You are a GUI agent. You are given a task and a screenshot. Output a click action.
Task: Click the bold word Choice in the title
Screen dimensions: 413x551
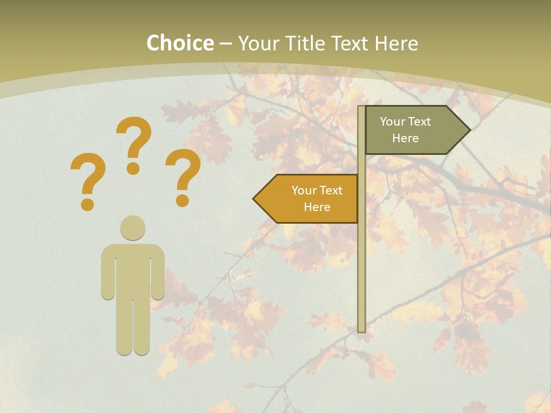pyautogui.click(x=180, y=43)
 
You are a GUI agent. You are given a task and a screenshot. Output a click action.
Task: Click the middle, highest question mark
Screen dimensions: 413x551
pyautogui.click(x=134, y=143)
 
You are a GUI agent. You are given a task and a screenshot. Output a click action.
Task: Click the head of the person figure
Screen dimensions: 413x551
pyautogui.click(x=133, y=228)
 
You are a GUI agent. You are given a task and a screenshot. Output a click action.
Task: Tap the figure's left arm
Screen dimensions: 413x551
pyautogui.click(x=108, y=272)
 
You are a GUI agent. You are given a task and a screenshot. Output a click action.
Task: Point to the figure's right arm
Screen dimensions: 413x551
pyautogui.click(x=158, y=272)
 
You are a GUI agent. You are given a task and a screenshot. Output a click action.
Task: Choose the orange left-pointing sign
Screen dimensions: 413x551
pyautogui.click(x=310, y=199)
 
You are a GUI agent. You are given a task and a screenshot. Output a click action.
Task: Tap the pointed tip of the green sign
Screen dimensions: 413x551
pyautogui.click(x=468, y=130)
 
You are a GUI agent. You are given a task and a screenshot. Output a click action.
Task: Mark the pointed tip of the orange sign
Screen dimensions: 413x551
pyautogui.click(x=255, y=199)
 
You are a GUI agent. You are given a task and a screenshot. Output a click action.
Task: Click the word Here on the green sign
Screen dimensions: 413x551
pyautogui.click(x=405, y=138)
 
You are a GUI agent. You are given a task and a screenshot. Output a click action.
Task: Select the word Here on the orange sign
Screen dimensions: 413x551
pyautogui.click(x=317, y=207)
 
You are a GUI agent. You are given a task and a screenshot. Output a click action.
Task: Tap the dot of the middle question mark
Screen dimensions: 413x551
pyautogui.click(x=133, y=168)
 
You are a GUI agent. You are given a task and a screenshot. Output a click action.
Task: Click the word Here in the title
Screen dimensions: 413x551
pyautogui.click(x=397, y=43)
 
